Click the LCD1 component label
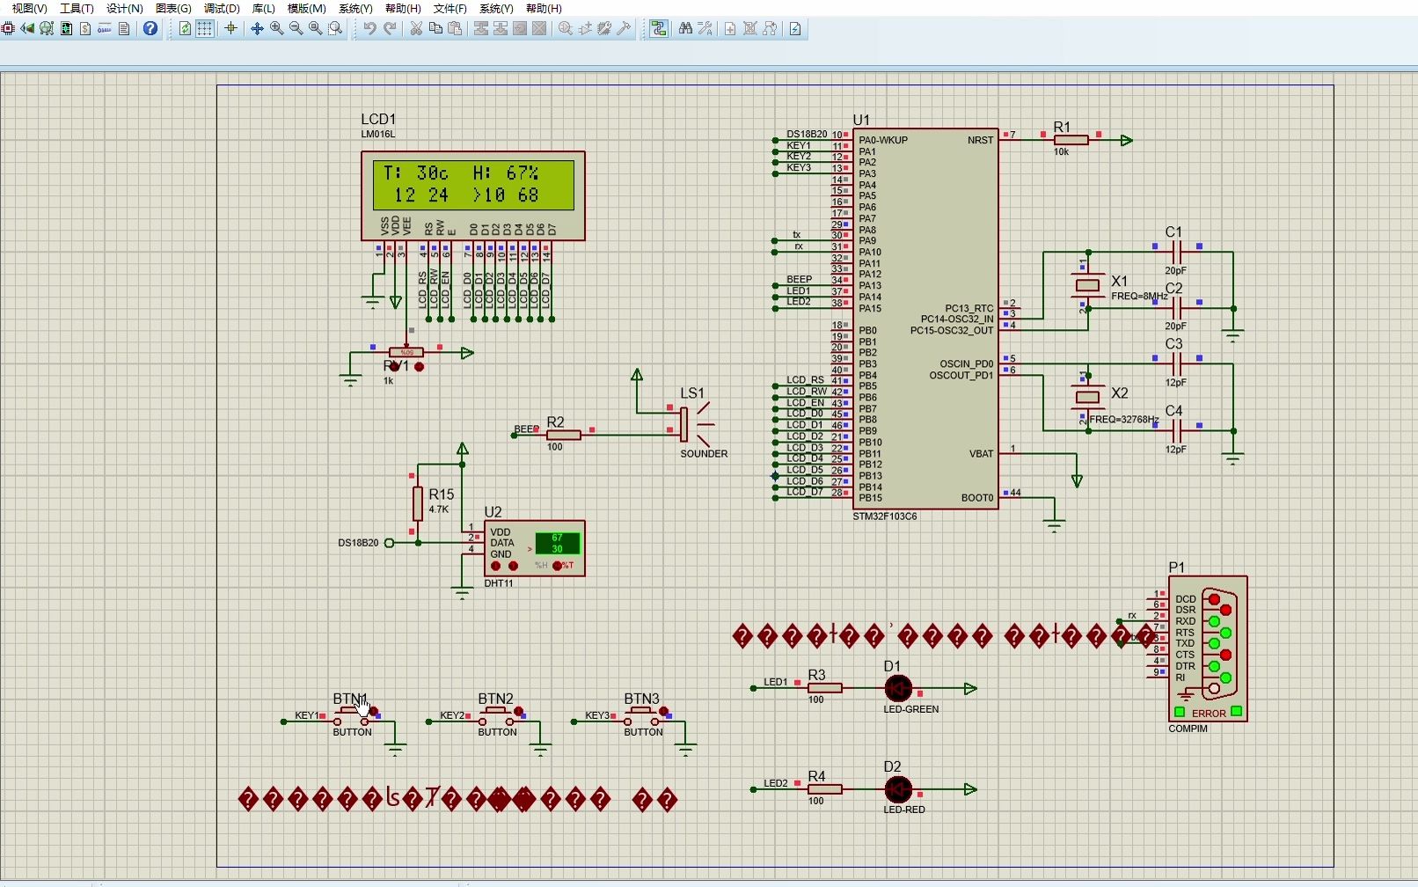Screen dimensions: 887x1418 (378, 119)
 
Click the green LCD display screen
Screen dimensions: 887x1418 (473, 184)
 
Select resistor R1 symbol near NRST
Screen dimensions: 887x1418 (1071, 140)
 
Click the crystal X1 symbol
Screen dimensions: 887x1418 (1088, 285)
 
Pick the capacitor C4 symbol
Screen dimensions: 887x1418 (1177, 431)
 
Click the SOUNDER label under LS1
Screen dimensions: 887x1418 (703, 454)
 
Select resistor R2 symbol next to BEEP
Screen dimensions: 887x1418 (563, 435)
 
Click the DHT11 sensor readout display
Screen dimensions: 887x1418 (557, 543)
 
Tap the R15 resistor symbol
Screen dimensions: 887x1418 (417, 503)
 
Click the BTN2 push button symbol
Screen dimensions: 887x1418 (497, 715)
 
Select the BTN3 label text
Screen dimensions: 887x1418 (641, 699)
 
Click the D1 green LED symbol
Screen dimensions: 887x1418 (898, 688)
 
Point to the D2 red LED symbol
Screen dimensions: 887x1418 (898, 789)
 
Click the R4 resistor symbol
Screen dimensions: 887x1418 (824, 789)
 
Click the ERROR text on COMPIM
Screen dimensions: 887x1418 (1209, 714)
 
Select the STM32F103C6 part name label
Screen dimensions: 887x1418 (884, 517)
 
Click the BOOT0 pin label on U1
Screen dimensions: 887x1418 (976, 498)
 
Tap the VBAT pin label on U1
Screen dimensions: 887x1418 (981, 454)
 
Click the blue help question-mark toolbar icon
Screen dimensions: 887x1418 (150, 28)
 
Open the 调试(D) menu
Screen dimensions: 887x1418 (222, 8)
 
